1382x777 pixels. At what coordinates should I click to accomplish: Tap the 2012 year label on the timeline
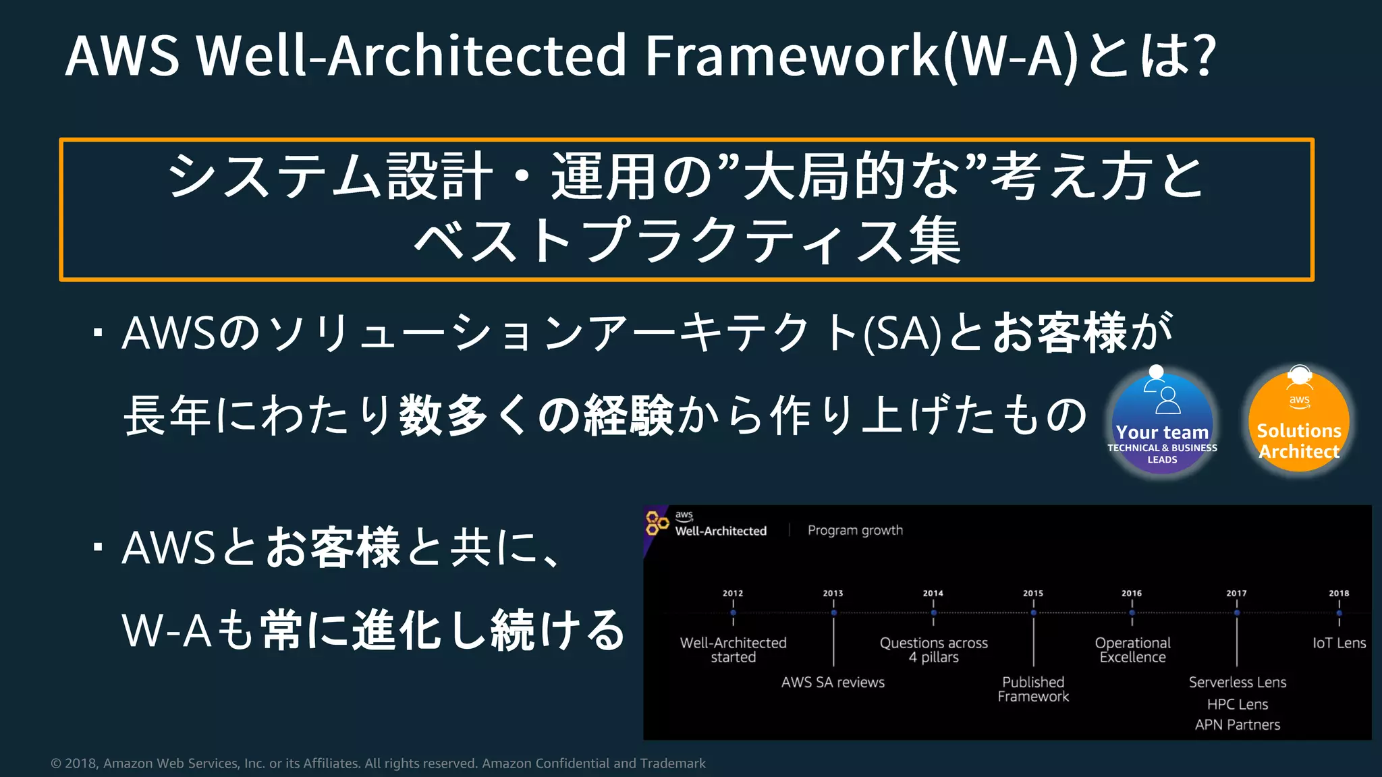click(x=733, y=594)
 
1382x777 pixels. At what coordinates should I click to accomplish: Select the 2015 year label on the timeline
click(x=1033, y=594)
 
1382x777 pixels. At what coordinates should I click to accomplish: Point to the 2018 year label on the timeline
click(x=1339, y=594)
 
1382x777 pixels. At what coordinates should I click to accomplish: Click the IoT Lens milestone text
click(x=1339, y=643)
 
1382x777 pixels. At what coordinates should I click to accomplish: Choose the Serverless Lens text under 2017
click(x=1238, y=683)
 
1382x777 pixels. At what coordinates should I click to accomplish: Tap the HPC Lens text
click(x=1238, y=705)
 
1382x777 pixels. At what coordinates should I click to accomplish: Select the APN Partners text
click(x=1238, y=725)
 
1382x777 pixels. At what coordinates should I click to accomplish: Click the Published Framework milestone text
click(x=1033, y=689)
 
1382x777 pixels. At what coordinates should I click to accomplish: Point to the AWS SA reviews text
click(x=833, y=683)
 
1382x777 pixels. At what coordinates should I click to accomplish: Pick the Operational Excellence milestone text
click(x=1132, y=650)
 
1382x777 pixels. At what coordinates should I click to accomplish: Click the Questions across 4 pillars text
click(x=933, y=650)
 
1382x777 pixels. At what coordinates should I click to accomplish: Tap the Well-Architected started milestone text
click(x=733, y=650)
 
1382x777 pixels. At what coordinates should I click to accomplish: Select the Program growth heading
click(x=855, y=530)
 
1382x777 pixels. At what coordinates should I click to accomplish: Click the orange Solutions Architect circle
click(x=1299, y=422)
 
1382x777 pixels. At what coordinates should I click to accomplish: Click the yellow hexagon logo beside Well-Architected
click(x=656, y=523)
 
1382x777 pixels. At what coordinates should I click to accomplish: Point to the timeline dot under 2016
click(x=1132, y=613)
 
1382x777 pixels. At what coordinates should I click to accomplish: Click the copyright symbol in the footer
click(x=56, y=764)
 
